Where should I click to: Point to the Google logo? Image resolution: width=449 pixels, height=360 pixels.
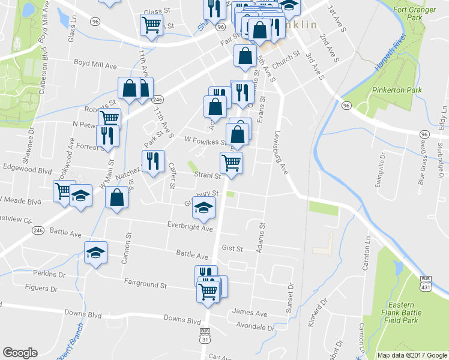(20, 353)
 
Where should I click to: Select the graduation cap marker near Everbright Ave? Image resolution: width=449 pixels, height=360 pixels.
(204, 208)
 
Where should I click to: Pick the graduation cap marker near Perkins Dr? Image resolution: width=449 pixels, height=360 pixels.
(95, 254)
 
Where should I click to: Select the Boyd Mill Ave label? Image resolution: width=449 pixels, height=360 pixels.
(94, 62)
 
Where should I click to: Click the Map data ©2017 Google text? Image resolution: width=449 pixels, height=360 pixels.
(411, 355)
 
